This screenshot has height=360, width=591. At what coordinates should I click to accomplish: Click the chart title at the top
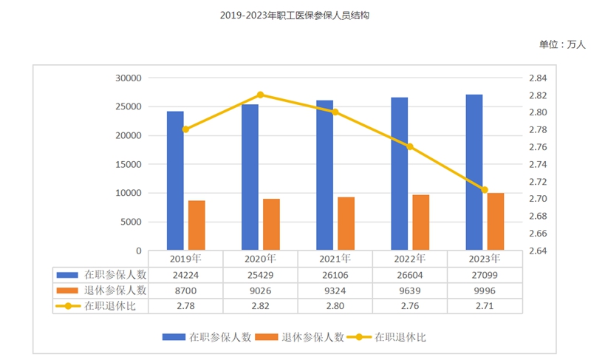coord(295,15)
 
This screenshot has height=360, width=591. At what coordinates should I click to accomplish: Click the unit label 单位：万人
coord(561,44)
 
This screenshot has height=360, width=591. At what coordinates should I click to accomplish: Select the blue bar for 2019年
coord(175,180)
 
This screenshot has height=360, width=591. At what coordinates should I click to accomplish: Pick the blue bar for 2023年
coord(474,172)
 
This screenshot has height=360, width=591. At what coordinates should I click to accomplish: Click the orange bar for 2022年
coord(420,223)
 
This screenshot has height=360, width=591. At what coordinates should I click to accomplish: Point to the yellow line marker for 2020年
coord(260,95)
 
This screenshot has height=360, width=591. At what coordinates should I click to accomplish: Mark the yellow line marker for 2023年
coord(485,190)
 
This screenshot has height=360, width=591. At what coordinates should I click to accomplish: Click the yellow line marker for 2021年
coord(335,112)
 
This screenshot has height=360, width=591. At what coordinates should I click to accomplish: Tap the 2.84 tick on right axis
coord(536,78)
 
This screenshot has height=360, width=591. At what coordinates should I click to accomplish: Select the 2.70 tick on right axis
coord(536,200)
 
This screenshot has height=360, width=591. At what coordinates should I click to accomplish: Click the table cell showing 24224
coord(185,274)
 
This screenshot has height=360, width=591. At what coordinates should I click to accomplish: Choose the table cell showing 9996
coord(485,291)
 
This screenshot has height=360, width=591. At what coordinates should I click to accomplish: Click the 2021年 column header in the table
coord(335,259)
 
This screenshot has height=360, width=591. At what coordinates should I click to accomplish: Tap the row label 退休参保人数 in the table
coord(115,291)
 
